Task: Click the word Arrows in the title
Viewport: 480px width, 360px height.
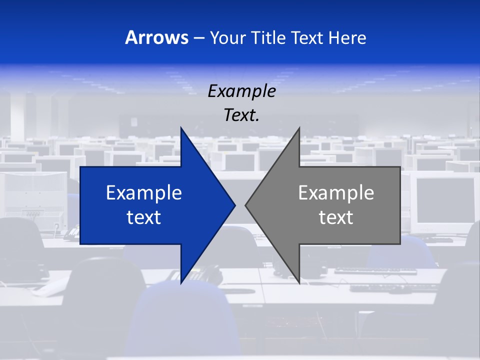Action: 156,37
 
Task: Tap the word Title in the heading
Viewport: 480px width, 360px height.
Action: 270,37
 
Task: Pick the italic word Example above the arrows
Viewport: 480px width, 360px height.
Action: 241,91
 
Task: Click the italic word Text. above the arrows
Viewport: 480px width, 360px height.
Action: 241,115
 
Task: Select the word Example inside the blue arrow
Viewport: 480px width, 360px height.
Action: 144,192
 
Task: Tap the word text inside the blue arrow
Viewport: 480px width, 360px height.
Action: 144,217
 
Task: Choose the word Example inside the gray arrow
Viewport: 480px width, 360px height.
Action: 336,192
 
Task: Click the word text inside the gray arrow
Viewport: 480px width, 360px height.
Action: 336,217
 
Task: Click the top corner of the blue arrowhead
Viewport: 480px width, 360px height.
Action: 181,128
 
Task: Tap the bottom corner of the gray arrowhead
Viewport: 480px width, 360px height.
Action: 299,282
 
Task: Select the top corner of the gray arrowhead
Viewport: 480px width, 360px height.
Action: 299,128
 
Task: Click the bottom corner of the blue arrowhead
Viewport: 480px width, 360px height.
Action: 181,282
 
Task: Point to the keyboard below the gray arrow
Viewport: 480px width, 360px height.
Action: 375,271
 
